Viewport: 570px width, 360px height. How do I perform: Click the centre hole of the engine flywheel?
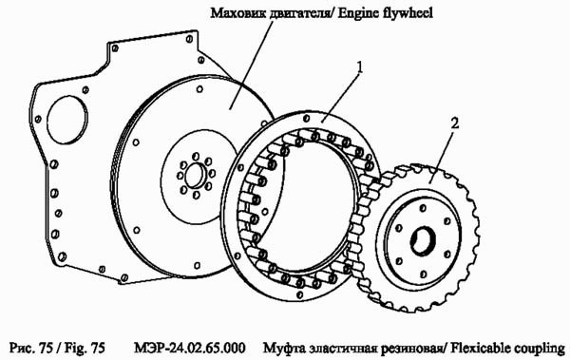click(191, 176)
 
